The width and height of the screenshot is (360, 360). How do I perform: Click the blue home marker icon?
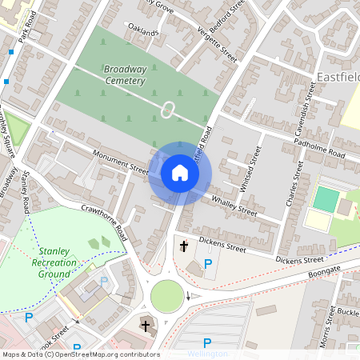point(180,173)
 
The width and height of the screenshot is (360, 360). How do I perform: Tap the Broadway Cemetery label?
point(125,75)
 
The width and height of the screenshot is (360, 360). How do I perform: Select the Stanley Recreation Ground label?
point(50,262)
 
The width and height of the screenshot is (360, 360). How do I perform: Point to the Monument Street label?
point(121,162)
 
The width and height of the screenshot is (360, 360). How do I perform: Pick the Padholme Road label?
point(319,148)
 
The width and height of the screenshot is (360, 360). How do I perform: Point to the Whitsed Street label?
point(255,163)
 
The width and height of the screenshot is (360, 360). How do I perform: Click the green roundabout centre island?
point(167,296)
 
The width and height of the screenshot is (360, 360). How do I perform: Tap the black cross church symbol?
point(184,247)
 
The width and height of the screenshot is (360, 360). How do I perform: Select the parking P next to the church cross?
point(208,265)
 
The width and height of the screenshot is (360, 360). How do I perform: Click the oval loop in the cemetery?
point(167,110)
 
